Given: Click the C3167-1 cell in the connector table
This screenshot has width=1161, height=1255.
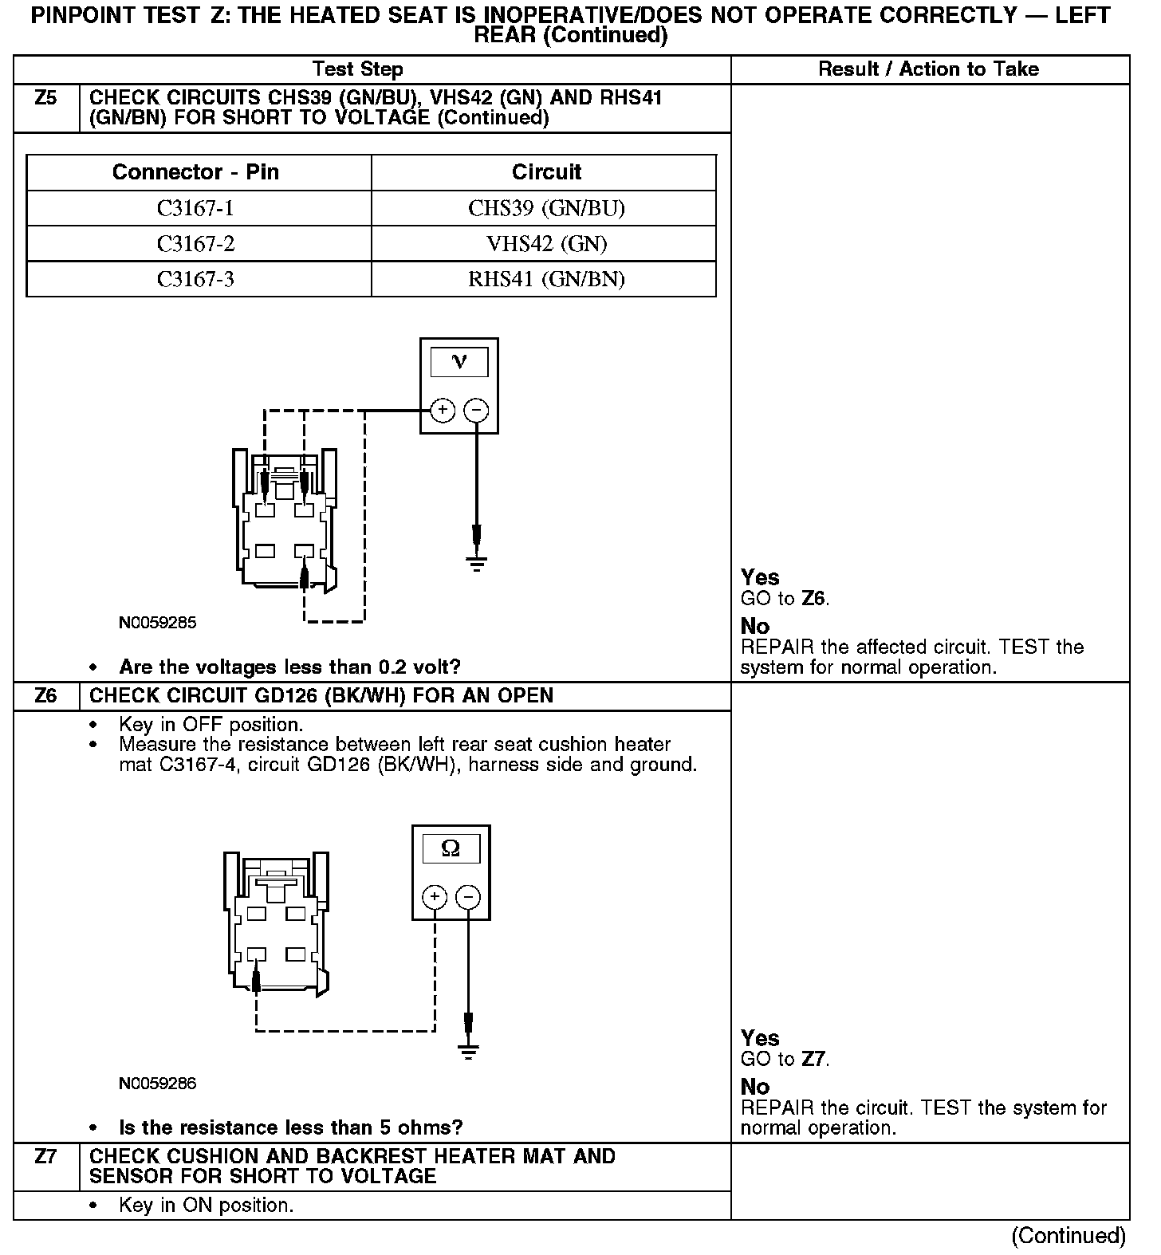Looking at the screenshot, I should click(195, 208).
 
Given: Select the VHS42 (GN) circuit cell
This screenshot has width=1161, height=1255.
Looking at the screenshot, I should click(546, 243).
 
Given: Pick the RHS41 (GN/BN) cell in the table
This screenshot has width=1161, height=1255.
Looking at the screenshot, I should click(546, 278).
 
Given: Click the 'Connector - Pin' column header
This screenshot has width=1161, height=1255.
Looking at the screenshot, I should click(195, 172).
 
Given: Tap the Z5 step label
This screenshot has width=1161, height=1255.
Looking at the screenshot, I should click(46, 99).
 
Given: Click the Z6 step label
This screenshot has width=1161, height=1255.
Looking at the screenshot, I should click(46, 696).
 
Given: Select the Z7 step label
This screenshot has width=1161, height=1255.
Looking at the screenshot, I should click(46, 1156).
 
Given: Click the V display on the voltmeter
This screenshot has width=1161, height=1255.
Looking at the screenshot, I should click(459, 363).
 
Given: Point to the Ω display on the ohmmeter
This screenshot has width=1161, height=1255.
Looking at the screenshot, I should click(451, 849).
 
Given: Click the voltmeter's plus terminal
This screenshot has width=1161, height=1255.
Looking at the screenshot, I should click(442, 411).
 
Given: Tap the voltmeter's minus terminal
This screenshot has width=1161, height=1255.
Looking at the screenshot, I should click(476, 411).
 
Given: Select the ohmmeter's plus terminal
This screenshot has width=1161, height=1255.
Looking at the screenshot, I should click(434, 897).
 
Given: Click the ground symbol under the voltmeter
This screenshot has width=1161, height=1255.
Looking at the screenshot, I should click(476, 565).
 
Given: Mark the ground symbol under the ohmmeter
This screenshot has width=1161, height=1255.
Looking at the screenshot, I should click(468, 1051).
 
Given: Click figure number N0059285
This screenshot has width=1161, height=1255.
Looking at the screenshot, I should click(157, 623).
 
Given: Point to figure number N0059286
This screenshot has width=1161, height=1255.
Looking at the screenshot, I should click(157, 1084).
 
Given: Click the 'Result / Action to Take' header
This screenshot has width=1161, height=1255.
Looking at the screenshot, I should click(929, 69).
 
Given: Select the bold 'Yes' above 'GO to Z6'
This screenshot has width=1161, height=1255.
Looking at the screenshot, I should click(760, 577).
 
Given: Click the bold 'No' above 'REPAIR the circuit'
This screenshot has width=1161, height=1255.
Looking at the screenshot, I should click(755, 1087).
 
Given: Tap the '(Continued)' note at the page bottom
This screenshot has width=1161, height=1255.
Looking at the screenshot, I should click(1069, 1236).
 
